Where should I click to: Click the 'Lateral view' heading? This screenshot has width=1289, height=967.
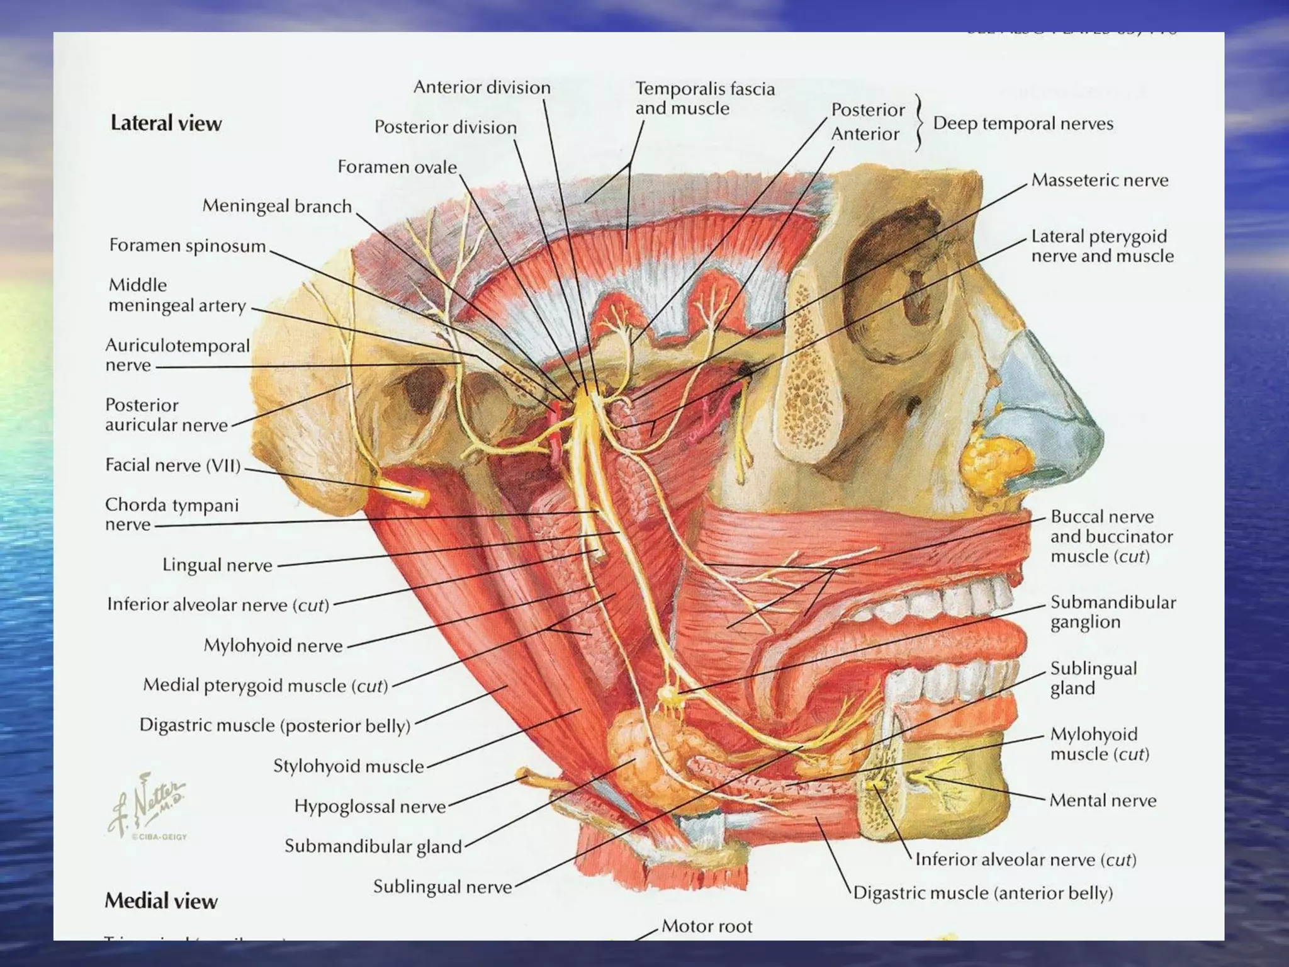(166, 123)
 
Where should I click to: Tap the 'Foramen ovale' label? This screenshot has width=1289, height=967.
(397, 167)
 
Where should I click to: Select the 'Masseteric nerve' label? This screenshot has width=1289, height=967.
(1100, 180)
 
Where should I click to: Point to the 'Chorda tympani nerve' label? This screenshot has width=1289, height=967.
(171, 514)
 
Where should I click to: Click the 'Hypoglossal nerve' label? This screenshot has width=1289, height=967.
(370, 806)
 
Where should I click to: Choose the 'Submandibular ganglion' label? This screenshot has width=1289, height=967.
(1113, 612)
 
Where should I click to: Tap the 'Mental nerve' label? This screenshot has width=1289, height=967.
(1103, 800)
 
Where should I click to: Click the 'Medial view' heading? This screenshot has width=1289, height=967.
(161, 901)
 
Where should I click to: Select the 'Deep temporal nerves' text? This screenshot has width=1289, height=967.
(1023, 123)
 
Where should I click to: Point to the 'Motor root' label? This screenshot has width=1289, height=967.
(707, 926)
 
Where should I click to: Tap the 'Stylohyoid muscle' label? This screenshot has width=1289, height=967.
(349, 766)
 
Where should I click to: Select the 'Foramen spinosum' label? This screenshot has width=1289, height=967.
(188, 246)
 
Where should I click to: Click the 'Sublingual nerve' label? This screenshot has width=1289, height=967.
(442, 887)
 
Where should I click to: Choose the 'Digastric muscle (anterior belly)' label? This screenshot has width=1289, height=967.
(983, 893)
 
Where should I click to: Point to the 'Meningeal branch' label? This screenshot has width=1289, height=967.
(277, 206)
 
